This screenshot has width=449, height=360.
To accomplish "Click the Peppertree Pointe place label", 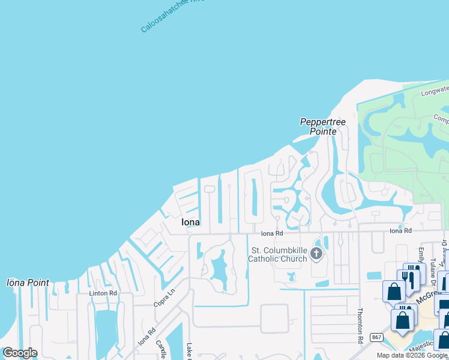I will click(323, 127).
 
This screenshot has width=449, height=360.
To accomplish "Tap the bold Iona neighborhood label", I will click(191, 222).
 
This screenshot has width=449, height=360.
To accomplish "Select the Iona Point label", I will click(28, 283).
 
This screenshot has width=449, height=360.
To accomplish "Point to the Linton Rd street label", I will click(103, 293).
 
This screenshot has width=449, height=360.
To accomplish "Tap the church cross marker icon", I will click(316, 254).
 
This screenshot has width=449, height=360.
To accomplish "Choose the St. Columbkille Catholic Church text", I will click(279, 254).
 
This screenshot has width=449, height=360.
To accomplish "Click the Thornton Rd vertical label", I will click(361, 326).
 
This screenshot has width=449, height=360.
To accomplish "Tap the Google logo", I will click(20, 353).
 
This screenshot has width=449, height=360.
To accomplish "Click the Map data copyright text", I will click(412, 355).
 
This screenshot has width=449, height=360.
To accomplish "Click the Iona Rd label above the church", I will click(271, 233).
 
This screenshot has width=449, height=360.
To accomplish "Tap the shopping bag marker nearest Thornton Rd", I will click(394, 291).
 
